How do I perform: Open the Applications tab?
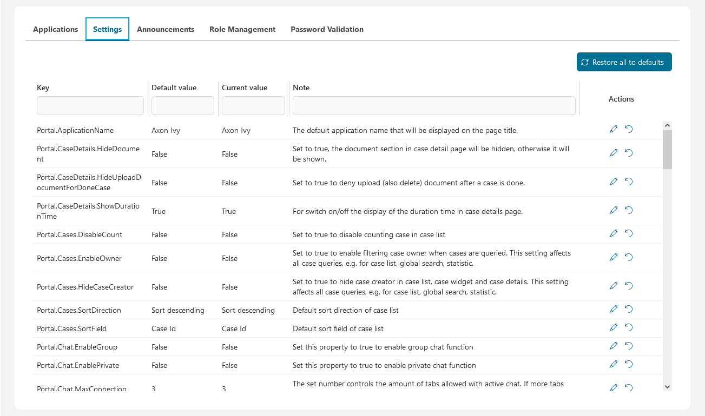coord(55,30)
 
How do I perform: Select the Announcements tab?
coord(165,30)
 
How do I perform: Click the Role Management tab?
coord(242,30)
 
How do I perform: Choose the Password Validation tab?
coord(327,30)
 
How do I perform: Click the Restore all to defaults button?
coord(624,62)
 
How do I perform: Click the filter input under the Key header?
coord(90,105)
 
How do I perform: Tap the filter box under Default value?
coord(182,105)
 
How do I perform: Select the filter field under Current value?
coord(253,105)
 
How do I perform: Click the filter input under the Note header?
coord(433,105)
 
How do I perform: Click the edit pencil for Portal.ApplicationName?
coord(613,129)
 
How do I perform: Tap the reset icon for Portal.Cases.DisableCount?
coord(629,233)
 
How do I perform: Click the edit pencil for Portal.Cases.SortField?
coord(613,327)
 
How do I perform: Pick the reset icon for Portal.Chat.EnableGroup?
coord(629,346)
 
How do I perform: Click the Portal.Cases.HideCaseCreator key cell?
coord(85,287)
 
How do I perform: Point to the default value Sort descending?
coord(177,311)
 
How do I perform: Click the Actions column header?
coord(621,99)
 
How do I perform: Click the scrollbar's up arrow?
coord(667,125)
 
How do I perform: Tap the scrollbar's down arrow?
coord(667,386)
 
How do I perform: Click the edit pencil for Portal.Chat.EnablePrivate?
coord(613,364)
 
